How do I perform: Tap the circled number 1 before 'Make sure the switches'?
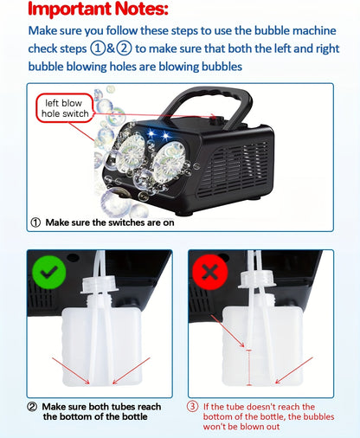tap(35, 222)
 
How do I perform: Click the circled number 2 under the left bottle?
tap(32, 406)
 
